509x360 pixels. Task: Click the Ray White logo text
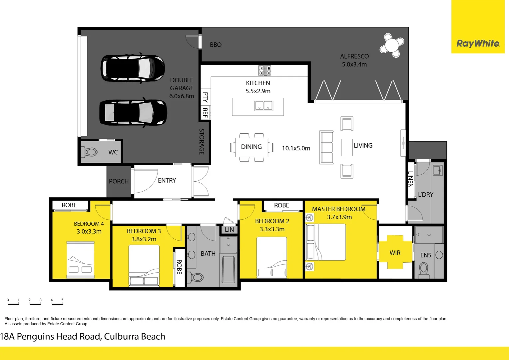click(x=478, y=43)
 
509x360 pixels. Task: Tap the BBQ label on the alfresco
click(x=216, y=45)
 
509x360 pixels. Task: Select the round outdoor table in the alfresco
click(x=392, y=45)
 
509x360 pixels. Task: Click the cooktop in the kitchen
click(x=264, y=70)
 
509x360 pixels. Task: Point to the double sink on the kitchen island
click(x=263, y=106)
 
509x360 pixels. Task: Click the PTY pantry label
click(x=205, y=97)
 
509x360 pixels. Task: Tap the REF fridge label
click(x=205, y=113)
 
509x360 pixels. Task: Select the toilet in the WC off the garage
click(x=90, y=152)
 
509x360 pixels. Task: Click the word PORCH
click(x=119, y=181)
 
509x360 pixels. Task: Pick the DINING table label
click(x=251, y=147)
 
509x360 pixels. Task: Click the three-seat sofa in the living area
click(x=326, y=147)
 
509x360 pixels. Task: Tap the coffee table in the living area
click(x=347, y=147)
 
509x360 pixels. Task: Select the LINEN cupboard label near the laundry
click(x=410, y=179)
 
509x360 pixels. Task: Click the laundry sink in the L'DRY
click(x=438, y=170)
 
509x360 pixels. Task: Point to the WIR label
click(x=395, y=253)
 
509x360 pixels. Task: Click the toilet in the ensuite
click(x=424, y=270)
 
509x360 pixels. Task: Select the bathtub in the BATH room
click(x=229, y=269)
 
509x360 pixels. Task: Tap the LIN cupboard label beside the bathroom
click(x=229, y=230)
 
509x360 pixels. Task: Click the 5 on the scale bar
click(x=62, y=300)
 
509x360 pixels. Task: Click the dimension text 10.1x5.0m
click(x=296, y=148)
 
